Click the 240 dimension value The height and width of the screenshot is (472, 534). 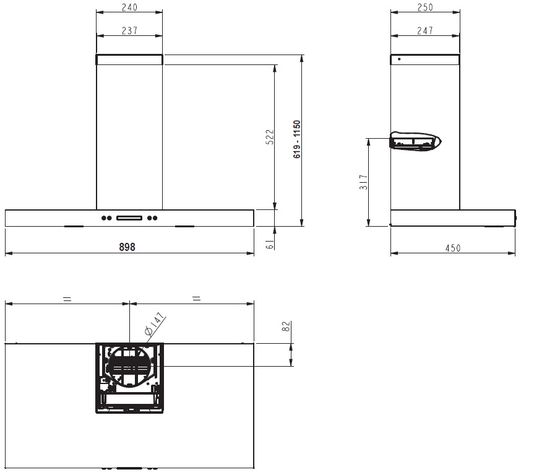coord(129,7)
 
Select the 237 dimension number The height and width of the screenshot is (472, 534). coord(129,30)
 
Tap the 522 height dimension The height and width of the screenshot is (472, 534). coord(269,137)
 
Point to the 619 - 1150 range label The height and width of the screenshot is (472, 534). coord(297,140)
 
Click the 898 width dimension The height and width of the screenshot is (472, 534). coord(127,246)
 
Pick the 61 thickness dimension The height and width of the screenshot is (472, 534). coord(270,244)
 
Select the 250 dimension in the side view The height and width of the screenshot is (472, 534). coord(424,7)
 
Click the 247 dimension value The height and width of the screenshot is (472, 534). coord(424,30)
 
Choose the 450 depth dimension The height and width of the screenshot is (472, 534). coord(453,248)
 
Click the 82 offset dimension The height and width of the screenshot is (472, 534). coord(286,328)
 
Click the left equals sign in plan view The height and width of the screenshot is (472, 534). coord(67,299)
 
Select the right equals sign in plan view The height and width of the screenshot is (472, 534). coord(196,299)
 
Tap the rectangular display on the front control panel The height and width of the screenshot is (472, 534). coord(129,217)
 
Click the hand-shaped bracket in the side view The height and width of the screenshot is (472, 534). coord(415,141)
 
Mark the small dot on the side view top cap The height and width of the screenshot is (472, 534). coord(399,59)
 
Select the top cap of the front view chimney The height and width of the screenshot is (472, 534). coord(129,59)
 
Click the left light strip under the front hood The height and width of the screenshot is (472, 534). coord(74,227)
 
